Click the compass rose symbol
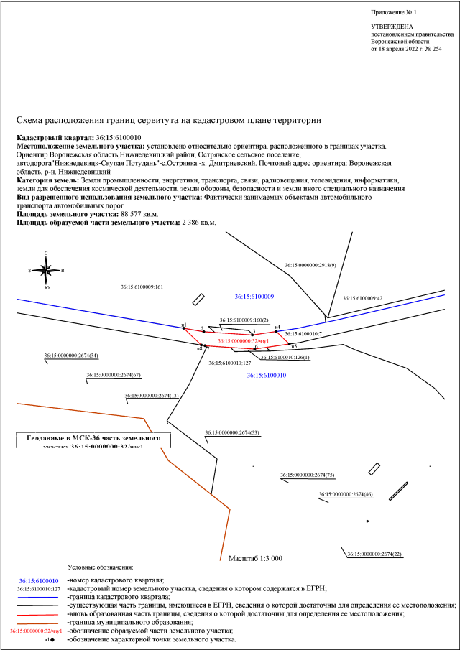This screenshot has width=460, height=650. click(x=46, y=271)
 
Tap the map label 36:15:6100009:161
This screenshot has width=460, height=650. click(x=144, y=287)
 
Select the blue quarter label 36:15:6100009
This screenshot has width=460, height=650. click(x=254, y=296)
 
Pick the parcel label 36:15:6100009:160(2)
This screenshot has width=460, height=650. click(x=244, y=320)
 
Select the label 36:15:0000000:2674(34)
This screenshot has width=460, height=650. click(x=71, y=356)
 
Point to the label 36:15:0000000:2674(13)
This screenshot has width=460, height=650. click(x=152, y=395)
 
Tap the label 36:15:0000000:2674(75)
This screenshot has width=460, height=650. click(x=308, y=475)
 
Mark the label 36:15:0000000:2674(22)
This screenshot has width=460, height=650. click(x=374, y=554)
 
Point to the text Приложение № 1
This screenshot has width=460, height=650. click(x=394, y=13)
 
